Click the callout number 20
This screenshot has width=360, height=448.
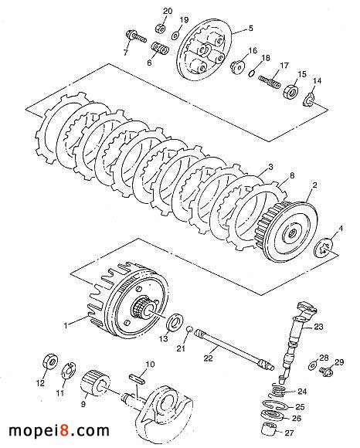[168, 12]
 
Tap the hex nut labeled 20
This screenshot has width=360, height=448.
[161, 29]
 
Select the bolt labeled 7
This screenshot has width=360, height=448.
[135, 36]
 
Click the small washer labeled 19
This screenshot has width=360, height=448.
[175, 36]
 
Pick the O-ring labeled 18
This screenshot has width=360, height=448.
[251, 73]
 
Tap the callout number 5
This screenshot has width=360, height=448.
[250, 29]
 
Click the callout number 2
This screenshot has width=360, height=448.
[315, 185]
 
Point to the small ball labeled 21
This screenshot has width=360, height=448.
[188, 329]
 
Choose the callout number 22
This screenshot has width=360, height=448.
[209, 358]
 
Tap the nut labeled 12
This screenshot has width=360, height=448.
[50, 362]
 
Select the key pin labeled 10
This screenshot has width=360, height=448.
[138, 378]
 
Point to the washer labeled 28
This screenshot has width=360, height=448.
[312, 365]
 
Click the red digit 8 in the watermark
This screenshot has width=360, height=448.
[65, 430]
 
